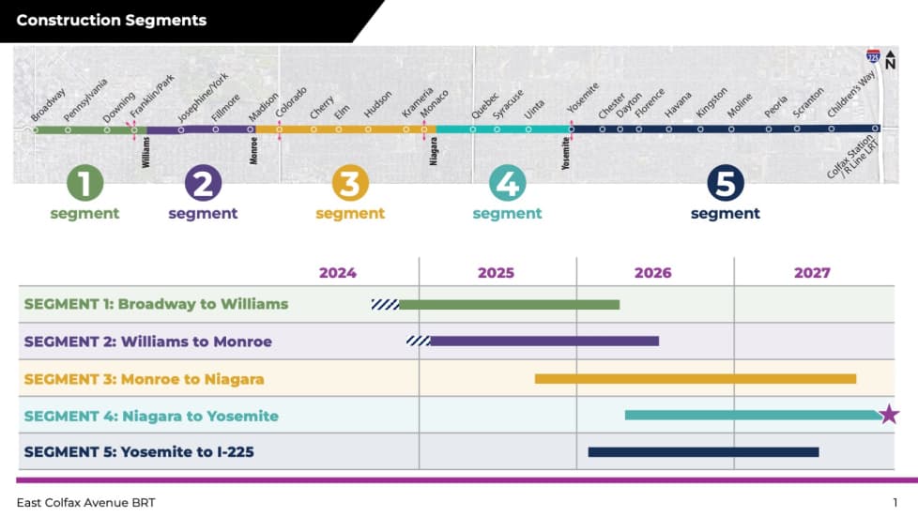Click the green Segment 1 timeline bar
pos(509,304)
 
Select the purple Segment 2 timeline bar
pos(543,341)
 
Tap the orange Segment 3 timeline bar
pos(695,378)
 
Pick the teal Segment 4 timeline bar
pos(751,415)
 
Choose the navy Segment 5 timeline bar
pos(703,451)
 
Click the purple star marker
pos(889,414)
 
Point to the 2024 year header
pos(338,273)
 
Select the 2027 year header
pos(812,273)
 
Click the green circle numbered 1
pos(84,184)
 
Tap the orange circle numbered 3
pos(349,184)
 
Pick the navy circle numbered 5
pos(725,184)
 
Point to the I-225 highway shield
pos(874,58)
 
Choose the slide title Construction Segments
pos(112,21)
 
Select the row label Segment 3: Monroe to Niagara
pos(144,379)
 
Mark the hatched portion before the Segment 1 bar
pos(385,304)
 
